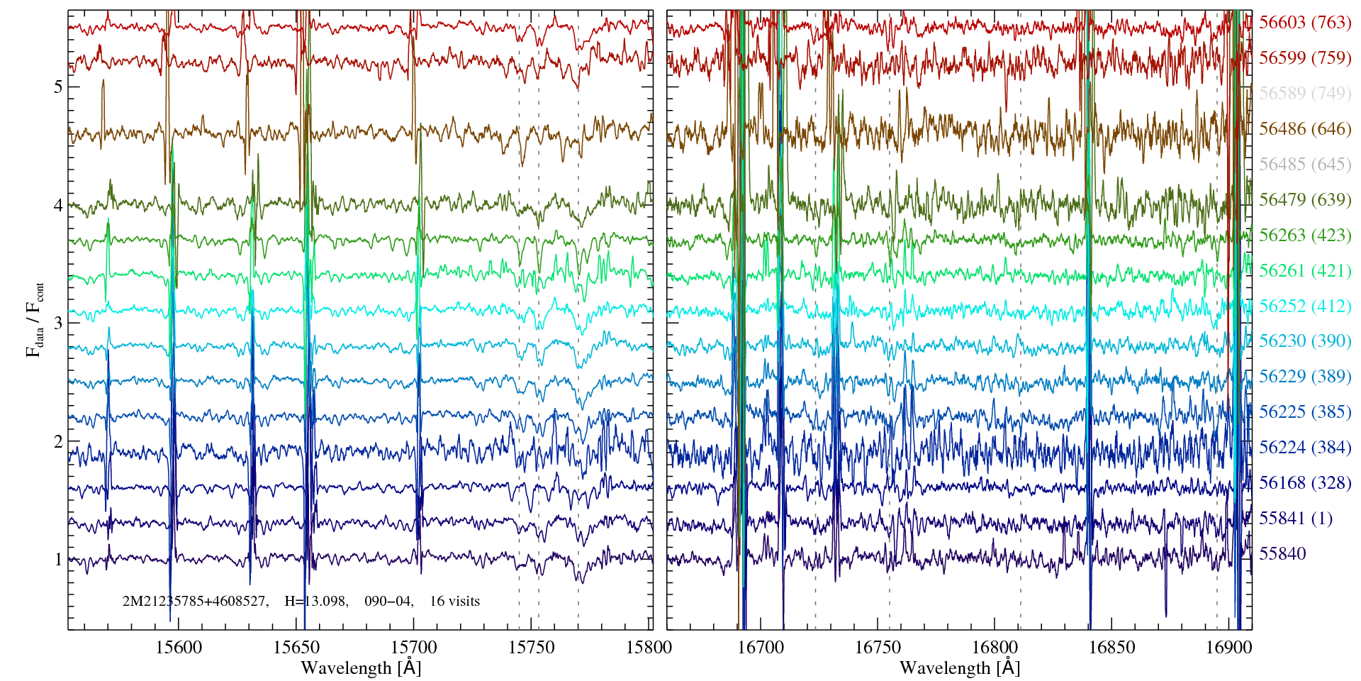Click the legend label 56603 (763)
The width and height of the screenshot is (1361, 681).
pyautogui.click(x=1304, y=22)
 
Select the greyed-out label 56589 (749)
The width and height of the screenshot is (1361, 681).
pyautogui.click(x=1304, y=93)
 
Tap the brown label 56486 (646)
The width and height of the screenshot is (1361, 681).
pyautogui.click(x=1304, y=128)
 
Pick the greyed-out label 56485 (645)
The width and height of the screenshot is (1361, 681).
pyautogui.click(x=1304, y=164)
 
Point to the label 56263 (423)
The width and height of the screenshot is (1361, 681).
pyautogui.click(x=1304, y=235)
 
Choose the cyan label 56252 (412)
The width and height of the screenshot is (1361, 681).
pyautogui.click(x=1304, y=306)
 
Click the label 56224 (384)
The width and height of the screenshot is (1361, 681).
pyautogui.click(x=1304, y=448)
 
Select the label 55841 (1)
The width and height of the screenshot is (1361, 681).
pyautogui.click(x=1295, y=519)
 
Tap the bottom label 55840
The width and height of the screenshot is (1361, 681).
pyautogui.click(x=1282, y=554)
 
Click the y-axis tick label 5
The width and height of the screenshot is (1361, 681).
pyautogui.click(x=57, y=87)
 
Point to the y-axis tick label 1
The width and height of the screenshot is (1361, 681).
pyautogui.click(x=57, y=560)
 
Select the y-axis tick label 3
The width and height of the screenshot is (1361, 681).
pyautogui.click(x=57, y=323)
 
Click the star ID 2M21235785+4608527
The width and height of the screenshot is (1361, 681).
pyautogui.click(x=195, y=602)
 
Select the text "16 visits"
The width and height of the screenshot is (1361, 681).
pyautogui.click(x=454, y=602)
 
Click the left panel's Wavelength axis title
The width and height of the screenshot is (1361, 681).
pyautogui.click(x=361, y=668)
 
